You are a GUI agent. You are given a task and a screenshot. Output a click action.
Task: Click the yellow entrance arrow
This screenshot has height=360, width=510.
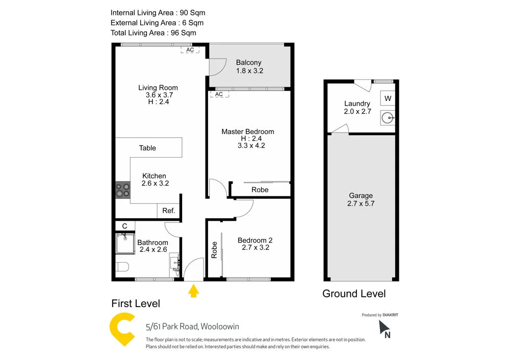point(193,291)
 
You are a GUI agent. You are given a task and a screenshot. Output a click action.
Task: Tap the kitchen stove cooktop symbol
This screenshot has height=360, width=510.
point(122,190)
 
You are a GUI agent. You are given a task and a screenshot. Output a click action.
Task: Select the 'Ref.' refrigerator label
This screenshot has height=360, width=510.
point(169,211)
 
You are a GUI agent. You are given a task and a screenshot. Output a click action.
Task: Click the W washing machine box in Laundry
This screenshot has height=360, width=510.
point(388,98)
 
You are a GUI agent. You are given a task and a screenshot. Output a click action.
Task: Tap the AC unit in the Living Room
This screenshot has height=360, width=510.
point(190,50)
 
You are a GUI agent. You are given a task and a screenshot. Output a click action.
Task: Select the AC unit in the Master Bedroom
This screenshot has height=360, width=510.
point(219,94)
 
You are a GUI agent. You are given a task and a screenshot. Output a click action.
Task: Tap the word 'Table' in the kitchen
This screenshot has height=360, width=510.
point(147,148)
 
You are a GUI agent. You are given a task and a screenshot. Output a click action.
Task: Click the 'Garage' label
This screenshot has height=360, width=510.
point(361,195)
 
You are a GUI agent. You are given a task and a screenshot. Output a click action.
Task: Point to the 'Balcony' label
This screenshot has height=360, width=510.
point(248,63)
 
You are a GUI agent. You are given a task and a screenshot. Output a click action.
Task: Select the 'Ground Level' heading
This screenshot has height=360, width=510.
point(354,294)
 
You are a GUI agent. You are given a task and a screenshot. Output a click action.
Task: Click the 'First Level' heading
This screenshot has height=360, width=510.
point(136,304)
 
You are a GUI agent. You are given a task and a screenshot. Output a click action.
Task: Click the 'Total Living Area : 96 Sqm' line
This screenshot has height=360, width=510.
point(153,33)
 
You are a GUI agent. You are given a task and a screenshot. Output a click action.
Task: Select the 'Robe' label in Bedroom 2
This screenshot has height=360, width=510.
point(214,250)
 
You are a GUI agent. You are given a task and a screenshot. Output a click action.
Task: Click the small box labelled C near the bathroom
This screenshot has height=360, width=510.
point(124,226)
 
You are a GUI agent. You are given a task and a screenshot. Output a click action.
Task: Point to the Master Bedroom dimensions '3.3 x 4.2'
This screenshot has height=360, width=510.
point(251,145)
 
